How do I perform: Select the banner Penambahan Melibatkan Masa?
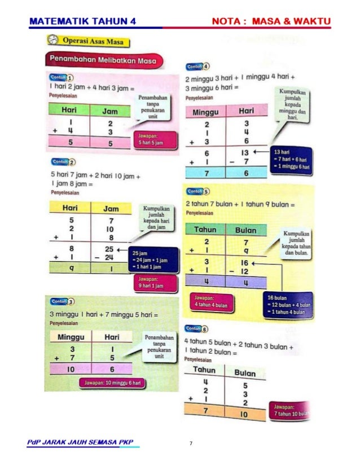point(103,60)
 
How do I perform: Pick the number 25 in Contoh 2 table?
point(109,248)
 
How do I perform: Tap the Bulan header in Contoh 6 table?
point(245,373)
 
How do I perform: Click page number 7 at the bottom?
point(191,443)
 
